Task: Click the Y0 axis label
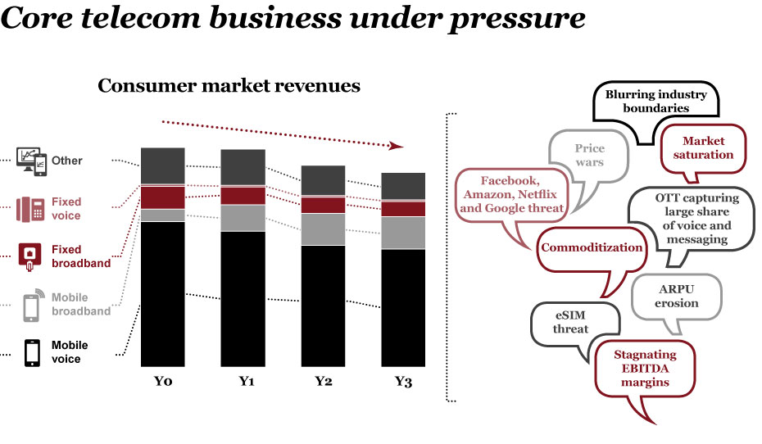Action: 162,382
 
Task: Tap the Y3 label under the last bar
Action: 403,382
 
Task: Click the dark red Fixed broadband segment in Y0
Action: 162,197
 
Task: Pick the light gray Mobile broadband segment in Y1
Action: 243,218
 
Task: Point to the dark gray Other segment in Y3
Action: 403,186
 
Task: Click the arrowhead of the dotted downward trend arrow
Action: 397,146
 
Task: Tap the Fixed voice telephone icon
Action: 31,210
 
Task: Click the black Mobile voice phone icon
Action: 32,352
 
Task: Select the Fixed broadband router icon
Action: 31,256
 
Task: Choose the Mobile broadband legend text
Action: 80,305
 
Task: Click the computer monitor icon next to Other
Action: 31,161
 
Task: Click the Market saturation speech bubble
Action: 708,147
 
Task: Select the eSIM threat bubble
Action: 570,322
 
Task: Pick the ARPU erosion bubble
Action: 678,297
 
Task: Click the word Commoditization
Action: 592,247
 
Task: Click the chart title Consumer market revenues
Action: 229,86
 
